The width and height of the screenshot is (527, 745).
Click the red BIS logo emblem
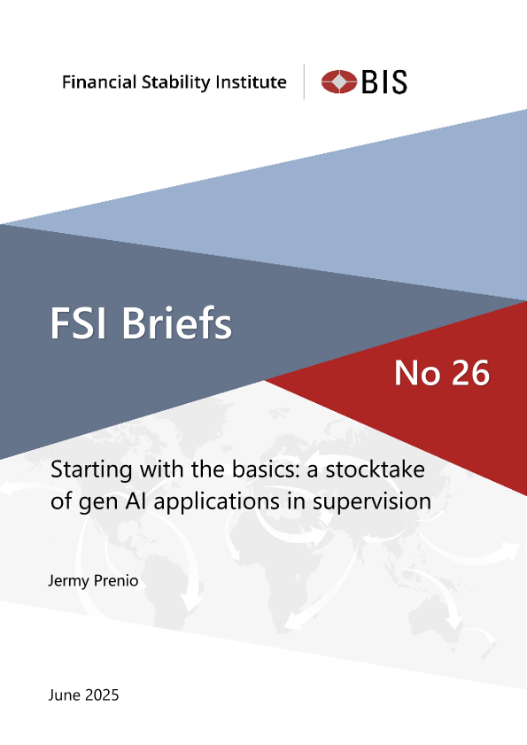click(x=339, y=81)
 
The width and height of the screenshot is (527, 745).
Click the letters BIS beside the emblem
click(x=384, y=81)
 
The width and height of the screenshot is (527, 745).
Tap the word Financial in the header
click(x=99, y=82)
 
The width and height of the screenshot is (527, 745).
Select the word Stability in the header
click(x=176, y=82)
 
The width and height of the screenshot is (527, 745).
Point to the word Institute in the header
click(x=251, y=82)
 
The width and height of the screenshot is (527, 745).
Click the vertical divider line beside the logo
click(x=304, y=81)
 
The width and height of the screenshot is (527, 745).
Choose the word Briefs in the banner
click(x=177, y=322)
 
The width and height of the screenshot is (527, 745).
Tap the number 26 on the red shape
click(x=470, y=373)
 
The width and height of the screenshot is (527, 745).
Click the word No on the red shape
click(x=417, y=373)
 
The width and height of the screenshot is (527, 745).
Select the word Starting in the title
click(x=91, y=471)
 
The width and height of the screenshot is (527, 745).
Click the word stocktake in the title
click(x=376, y=470)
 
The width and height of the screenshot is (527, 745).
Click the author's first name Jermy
click(x=68, y=581)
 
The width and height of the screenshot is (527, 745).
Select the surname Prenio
click(x=116, y=580)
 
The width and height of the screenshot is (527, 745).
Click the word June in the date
click(x=64, y=695)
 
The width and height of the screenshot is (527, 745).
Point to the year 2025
click(x=102, y=695)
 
